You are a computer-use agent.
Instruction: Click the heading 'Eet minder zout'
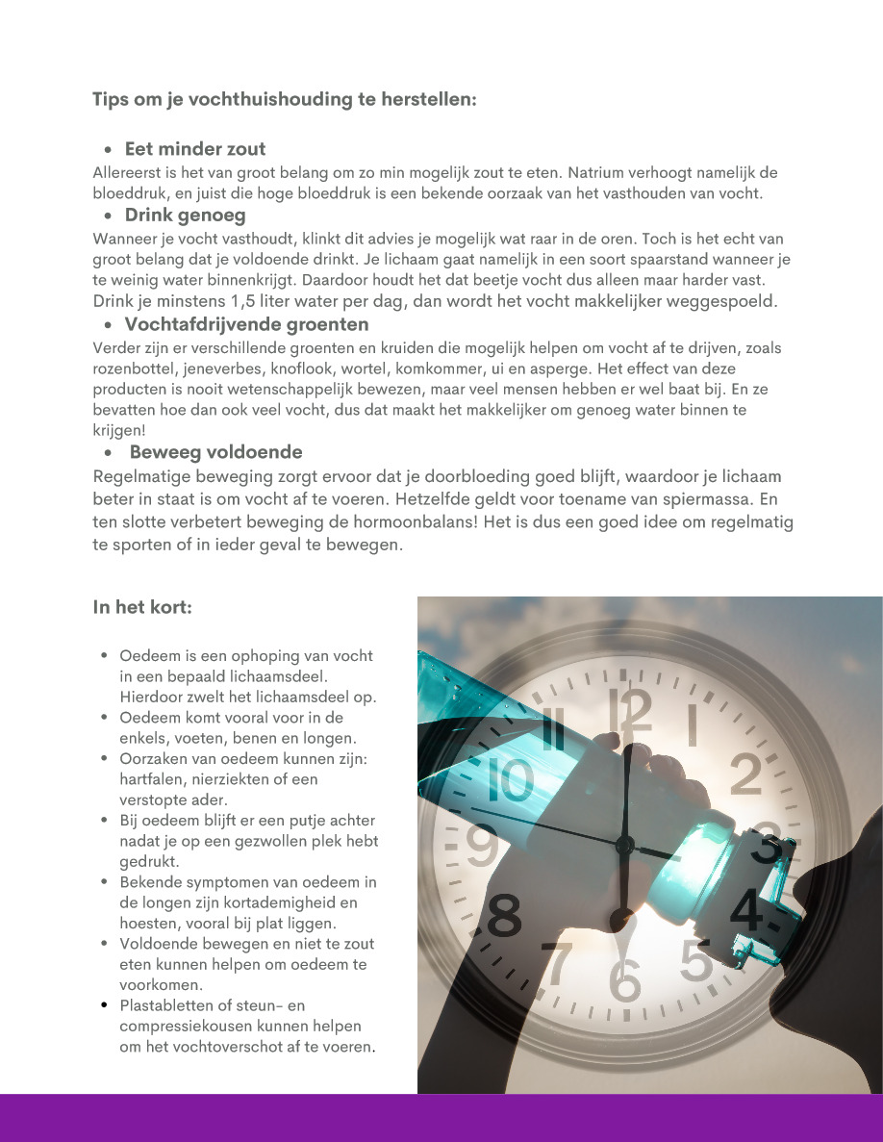(195, 149)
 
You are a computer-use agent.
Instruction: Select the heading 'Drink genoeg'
(185, 215)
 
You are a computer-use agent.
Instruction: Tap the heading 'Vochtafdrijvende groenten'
(246, 324)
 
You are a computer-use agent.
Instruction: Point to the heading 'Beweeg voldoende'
(215, 451)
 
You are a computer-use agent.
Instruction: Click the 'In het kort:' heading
(142, 607)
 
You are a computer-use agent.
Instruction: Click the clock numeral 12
(637, 713)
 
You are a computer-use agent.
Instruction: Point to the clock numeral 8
(504, 915)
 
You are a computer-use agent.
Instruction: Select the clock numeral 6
(625, 979)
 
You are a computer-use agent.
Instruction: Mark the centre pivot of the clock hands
(624, 846)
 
